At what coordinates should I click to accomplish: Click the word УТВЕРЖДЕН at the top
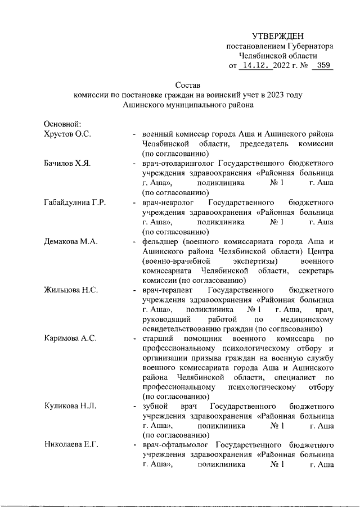[x=280, y=36]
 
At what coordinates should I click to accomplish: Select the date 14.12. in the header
[x=255, y=66]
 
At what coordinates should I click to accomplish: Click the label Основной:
[x=63, y=124]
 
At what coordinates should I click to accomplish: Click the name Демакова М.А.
[x=71, y=241]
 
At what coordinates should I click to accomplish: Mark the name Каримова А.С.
[x=70, y=339]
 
